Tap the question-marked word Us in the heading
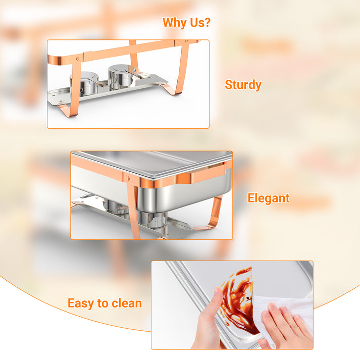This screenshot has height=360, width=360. (200, 22)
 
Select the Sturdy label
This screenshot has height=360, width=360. (243, 85)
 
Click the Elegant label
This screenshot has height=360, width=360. (269, 198)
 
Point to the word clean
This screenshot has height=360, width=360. (127, 303)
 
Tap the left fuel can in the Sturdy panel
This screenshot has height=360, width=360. (84, 83)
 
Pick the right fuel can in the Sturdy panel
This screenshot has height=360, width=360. (121, 77)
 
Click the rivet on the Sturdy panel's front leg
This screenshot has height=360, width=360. (78, 59)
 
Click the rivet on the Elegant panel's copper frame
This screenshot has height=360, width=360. (128, 178)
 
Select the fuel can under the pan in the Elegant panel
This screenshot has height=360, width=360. (154, 219)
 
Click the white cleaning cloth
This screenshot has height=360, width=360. (282, 317)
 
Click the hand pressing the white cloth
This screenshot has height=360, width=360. (287, 326)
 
